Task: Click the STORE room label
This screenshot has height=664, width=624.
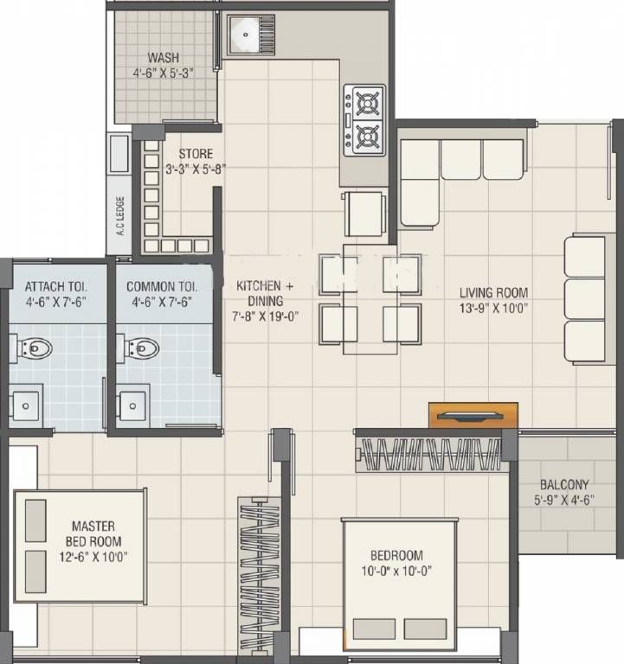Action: (196, 154)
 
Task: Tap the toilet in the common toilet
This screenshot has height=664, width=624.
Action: (143, 348)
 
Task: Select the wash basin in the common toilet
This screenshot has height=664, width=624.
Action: (132, 403)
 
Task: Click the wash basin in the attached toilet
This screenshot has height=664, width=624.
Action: (24, 403)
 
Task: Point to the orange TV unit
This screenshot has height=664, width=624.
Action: (473, 416)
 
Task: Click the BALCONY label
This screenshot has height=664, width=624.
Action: (564, 485)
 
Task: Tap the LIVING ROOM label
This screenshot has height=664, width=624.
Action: (493, 292)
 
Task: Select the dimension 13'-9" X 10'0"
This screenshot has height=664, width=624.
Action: (493, 308)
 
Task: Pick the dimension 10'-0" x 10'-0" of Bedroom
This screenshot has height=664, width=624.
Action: (396, 571)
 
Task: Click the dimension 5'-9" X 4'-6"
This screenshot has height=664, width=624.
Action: (564, 500)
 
